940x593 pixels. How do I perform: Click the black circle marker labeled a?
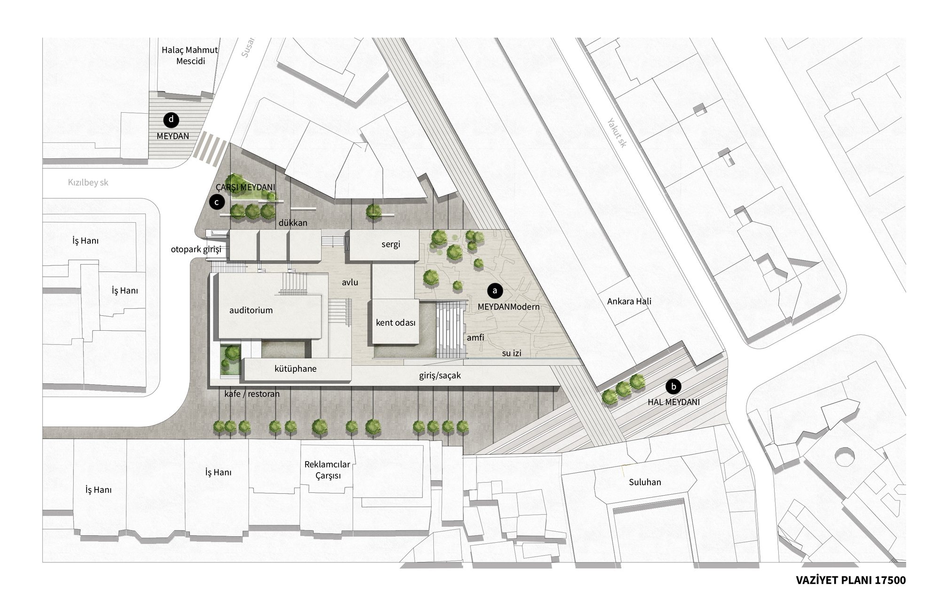(x=494, y=291)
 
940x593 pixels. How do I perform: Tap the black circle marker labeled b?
(x=674, y=387)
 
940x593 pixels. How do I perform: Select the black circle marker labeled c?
(x=217, y=203)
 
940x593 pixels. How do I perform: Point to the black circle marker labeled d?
(x=171, y=120)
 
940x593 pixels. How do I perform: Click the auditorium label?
(x=251, y=310)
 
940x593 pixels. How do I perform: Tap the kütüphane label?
(x=295, y=369)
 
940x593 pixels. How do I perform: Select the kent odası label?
(x=396, y=323)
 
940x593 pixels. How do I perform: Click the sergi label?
(x=391, y=244)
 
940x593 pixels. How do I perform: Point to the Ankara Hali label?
(x=629, y=301)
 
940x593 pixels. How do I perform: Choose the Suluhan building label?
(x=645, y=482)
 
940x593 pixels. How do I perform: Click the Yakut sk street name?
(x=617, y=133)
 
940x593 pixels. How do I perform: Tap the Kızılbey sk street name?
(x=88, y=182)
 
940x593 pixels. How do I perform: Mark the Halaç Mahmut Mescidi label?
(x=190, y=55)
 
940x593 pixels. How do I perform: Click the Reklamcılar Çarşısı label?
(x=327, y=470)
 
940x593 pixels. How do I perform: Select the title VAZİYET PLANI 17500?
(x=851, y=580)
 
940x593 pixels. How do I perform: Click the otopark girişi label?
(x=196, y=250)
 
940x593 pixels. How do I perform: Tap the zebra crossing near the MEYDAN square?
(x=210, y=148)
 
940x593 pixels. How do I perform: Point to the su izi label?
(x=511, y=353)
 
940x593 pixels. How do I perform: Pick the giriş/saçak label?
(x=440, y=375)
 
